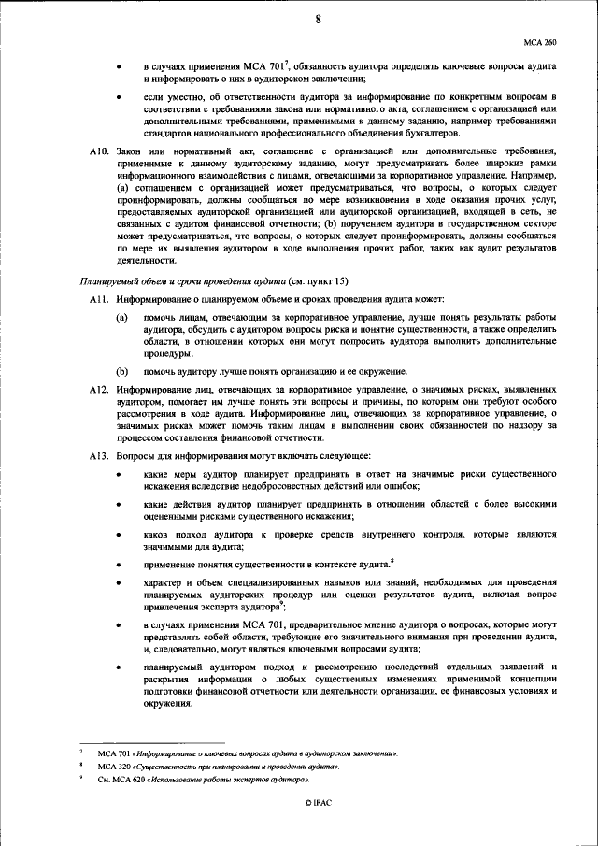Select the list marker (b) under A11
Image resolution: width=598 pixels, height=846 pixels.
(x=121, y=371)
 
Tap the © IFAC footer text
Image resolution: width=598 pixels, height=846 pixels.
(x=319, y=803)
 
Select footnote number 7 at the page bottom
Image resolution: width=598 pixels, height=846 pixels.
(x=81, y=752)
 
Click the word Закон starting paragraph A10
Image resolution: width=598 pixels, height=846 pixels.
(x=134, y=151)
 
